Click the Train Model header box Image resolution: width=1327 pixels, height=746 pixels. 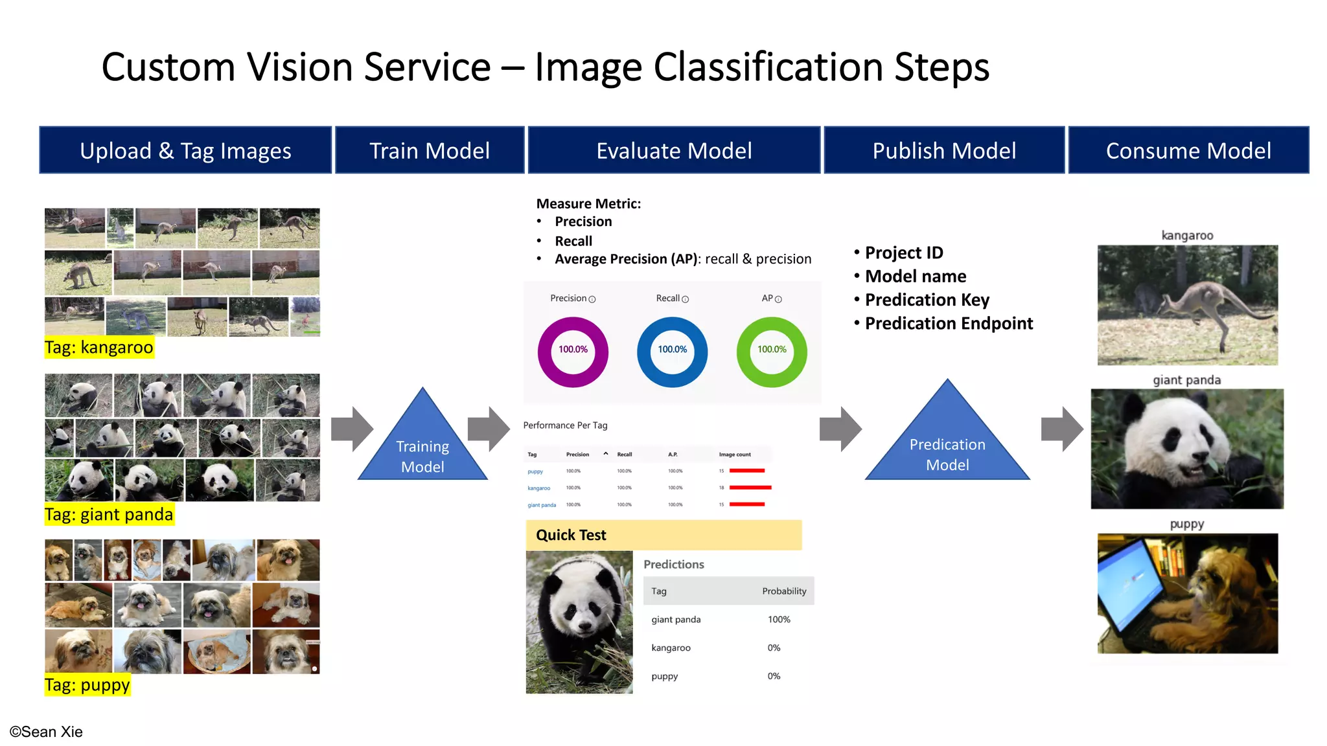click(x=429, y=150)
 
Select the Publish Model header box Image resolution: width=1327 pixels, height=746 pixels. click(x=944, y=150)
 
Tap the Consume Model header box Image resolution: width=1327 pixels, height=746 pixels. click(x=1188, y=150)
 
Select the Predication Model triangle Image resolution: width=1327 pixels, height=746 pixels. click(x=947, y=447)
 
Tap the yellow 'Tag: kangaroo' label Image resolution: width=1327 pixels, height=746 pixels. click(x=99, y=348)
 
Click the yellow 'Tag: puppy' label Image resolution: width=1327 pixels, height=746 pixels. click(x=87, y=685)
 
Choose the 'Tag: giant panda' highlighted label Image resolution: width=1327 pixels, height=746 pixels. click(x=109, y=515)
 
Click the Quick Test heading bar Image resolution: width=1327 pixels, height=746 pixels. click(x=663, y=535)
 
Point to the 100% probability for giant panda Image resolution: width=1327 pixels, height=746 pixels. click(x=779, y=620)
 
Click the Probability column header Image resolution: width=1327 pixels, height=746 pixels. click(x=784, y=591)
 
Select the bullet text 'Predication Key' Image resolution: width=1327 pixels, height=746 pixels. click(x=927, y=300)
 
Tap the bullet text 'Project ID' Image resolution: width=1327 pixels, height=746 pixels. click(x=904, y=253)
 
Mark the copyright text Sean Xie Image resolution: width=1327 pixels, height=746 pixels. click(x=46, y=732)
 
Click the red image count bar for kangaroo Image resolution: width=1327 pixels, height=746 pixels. click(x=750, y=488)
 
